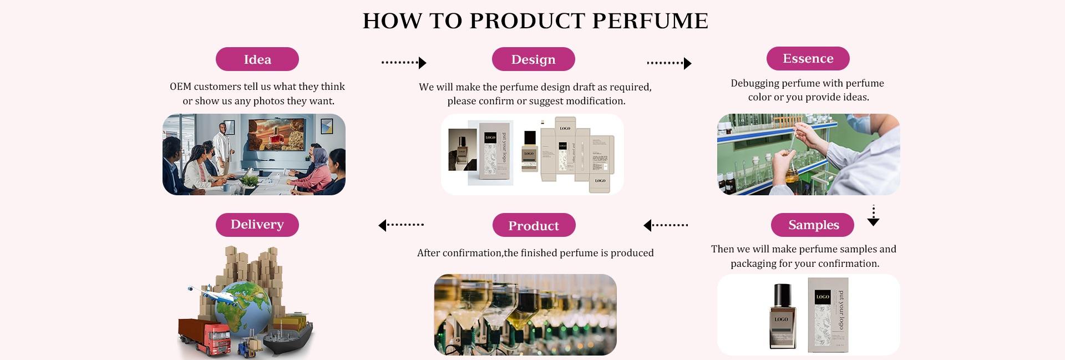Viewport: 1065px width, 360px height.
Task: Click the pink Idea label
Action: (x=257, y=59)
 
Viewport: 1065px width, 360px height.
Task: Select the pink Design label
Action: (x=533, y=59)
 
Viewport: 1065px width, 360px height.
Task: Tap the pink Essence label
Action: (x=808, y=58)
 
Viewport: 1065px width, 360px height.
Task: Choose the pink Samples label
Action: (x=813, y=225)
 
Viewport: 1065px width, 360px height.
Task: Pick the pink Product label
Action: (x=534, y=225)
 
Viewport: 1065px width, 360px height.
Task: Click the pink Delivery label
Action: (x=257, y=225)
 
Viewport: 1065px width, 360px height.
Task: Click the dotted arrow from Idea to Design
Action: (x=403, y=63)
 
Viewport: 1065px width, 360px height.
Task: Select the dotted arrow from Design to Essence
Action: (x=669, y=63)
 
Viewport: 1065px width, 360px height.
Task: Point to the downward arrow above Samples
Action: (x=873, y=216)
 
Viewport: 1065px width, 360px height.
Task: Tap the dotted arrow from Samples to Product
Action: (x=665, y=225)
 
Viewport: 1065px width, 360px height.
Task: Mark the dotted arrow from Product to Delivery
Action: (x=400, y=225)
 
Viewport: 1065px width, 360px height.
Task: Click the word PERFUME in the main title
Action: (x=650, y=21)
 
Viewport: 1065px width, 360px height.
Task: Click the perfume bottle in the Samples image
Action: (x=782, y=316)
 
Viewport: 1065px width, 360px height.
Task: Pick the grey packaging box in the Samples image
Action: (x=828, y=315)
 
